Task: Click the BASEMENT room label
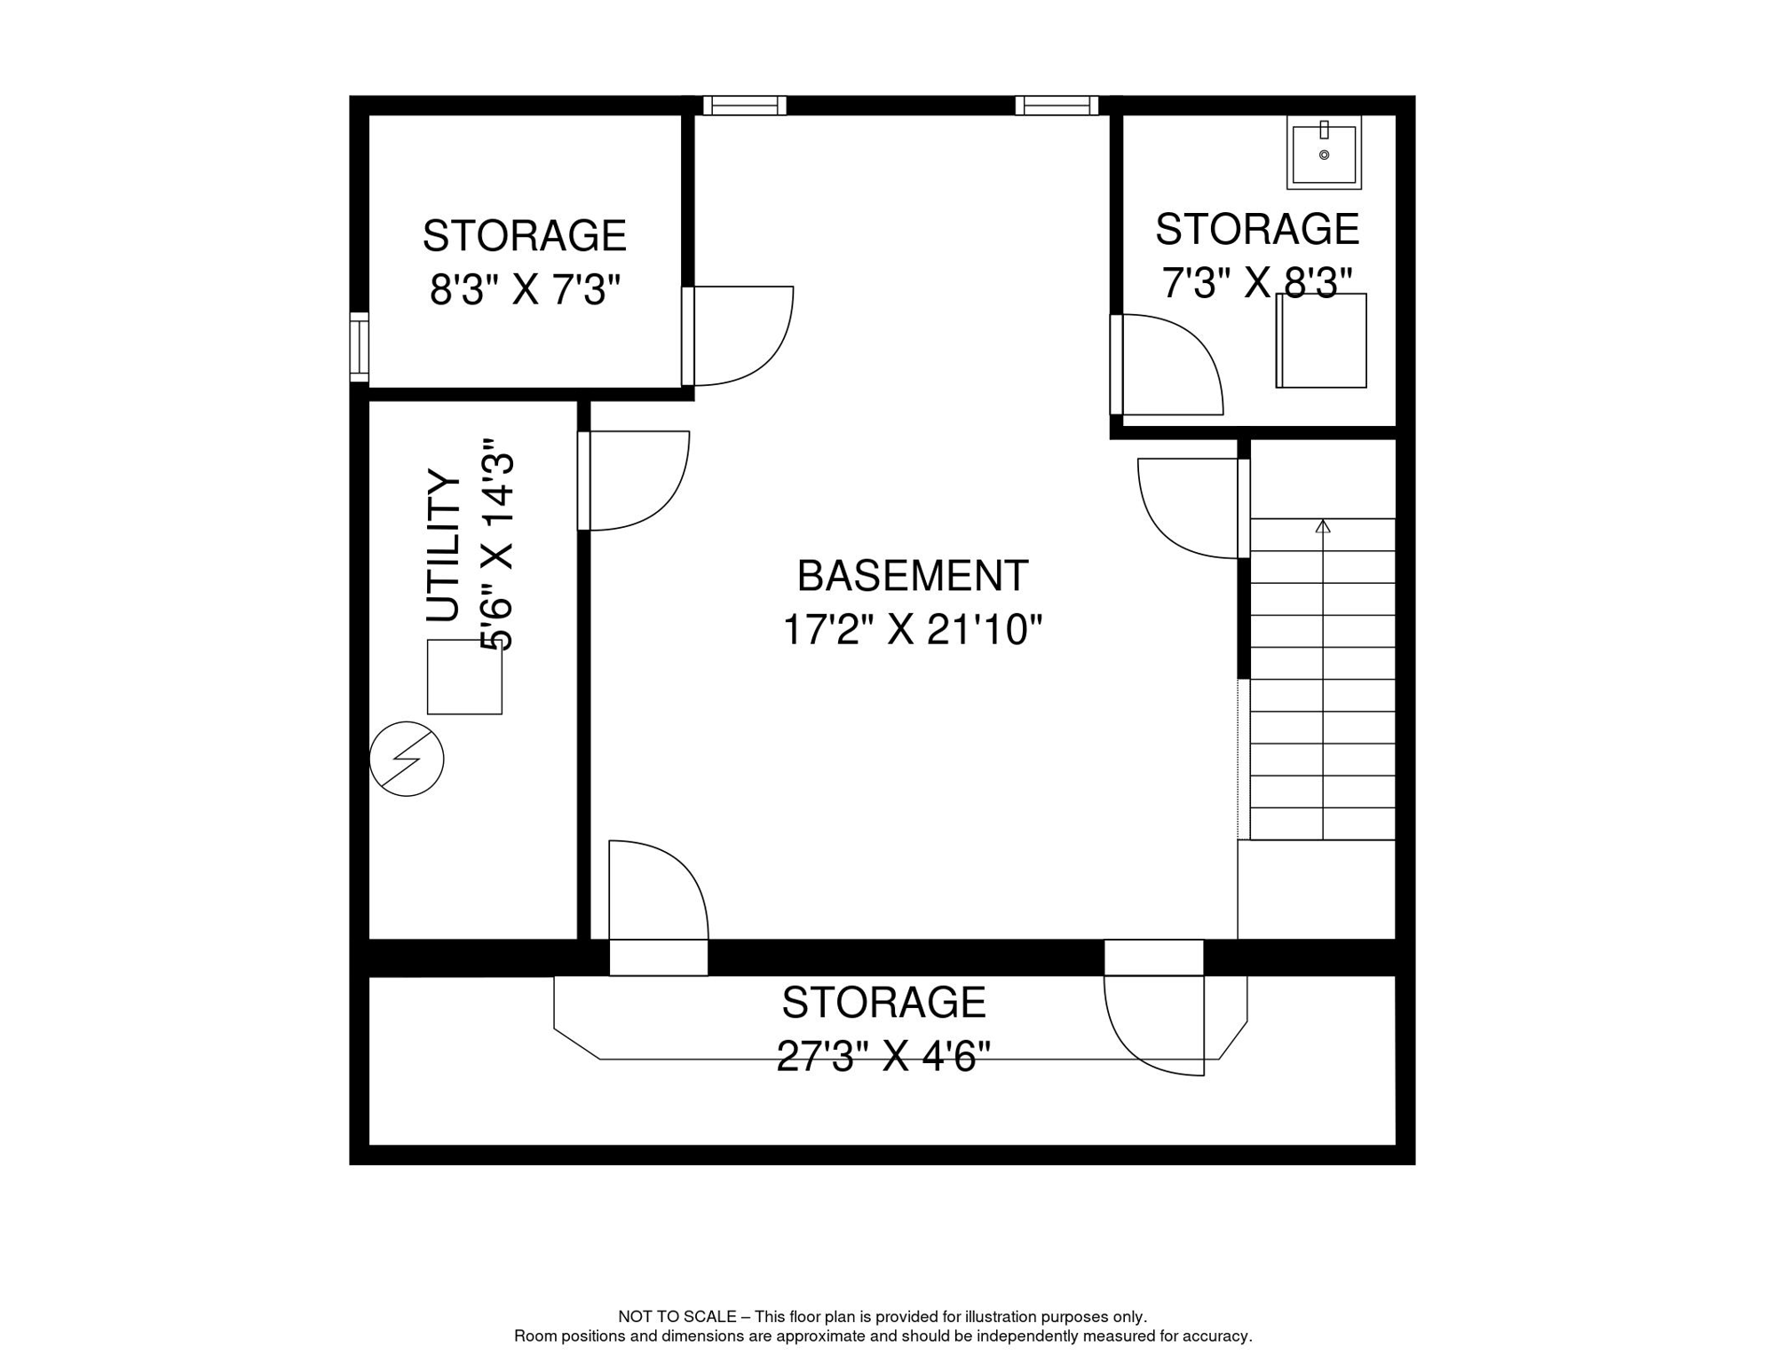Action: tap(913, 577)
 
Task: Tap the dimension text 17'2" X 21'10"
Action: tap(912, 631)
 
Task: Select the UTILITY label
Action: tap(444, 546)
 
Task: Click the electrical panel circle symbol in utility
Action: tap(407, 759)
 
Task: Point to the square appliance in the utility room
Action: tap(464, 677)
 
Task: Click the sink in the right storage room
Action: tap(1324, 153)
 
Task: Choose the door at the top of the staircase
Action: tap(1190, 508)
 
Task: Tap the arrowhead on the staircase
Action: tap(1323, 526)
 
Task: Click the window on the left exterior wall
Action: tap(359, 347)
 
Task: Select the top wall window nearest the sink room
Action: tap(1057, 106)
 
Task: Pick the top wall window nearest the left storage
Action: tap(744, 106)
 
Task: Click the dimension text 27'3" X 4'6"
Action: tap(883, 1057)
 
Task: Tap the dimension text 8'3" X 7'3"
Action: tap(525, 290)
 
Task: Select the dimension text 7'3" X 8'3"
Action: tap(1256, 283)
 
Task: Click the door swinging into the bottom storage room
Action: tap(1154, 1025)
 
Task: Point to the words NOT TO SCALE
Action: tap(677, 1317)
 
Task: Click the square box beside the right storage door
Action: tap(1321, 342)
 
